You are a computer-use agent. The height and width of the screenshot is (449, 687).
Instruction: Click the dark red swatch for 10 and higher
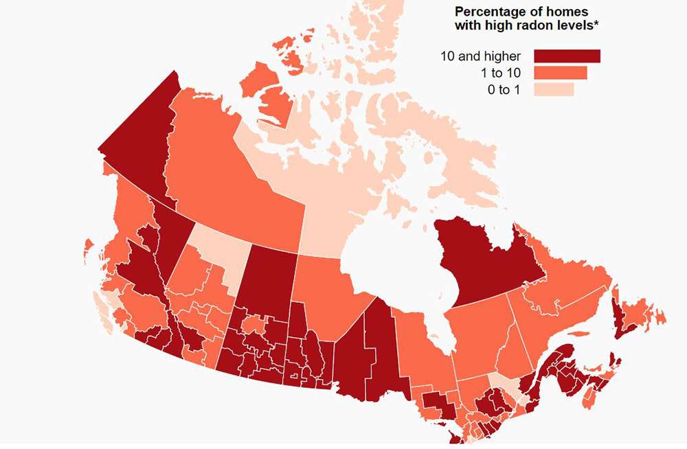567,56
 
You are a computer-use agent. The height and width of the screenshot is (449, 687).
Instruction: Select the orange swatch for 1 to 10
560,73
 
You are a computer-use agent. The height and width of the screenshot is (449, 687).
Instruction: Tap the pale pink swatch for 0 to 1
553,89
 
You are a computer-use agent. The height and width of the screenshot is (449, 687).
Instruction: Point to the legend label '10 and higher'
481,56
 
